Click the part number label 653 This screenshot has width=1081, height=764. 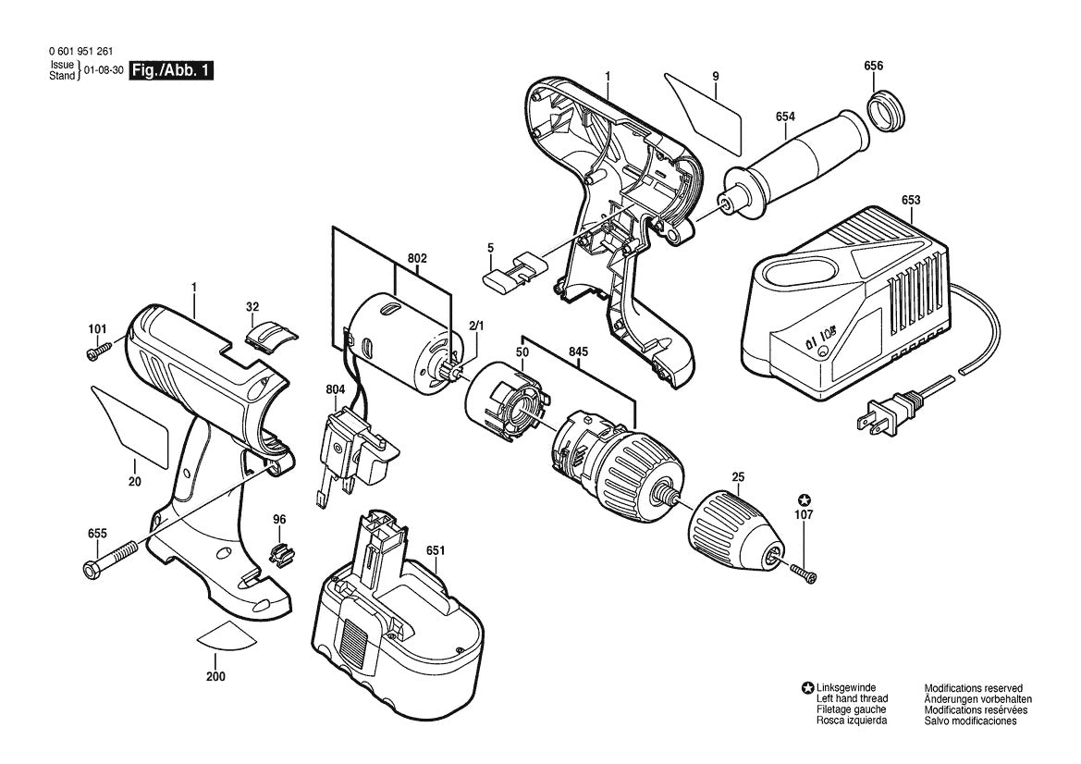911,199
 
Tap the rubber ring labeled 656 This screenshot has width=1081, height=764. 887,111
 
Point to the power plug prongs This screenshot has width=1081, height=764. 870,422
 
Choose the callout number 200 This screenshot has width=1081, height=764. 215,676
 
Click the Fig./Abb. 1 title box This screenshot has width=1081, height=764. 172,70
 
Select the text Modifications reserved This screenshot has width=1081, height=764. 973,688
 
